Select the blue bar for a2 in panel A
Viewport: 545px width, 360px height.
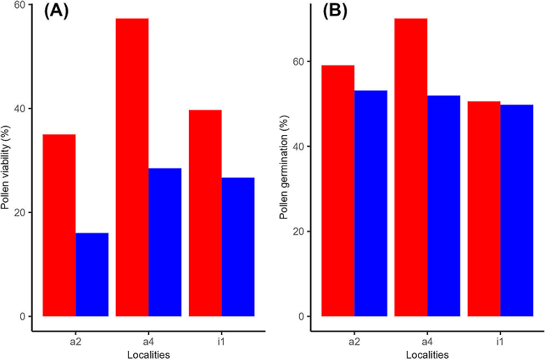click(92, 274)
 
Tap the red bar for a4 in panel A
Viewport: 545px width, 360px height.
click(132, 167)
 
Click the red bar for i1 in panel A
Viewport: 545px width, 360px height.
click(205, 213)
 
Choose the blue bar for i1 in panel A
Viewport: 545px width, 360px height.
click(238, 246)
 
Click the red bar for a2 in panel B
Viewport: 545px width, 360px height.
click(338, 191)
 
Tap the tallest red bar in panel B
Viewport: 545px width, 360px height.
click(410, 167)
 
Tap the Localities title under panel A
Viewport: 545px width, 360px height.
click(148, 354)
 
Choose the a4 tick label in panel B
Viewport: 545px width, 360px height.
click(427, 341)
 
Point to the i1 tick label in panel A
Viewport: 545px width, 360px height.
click(221, 341)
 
